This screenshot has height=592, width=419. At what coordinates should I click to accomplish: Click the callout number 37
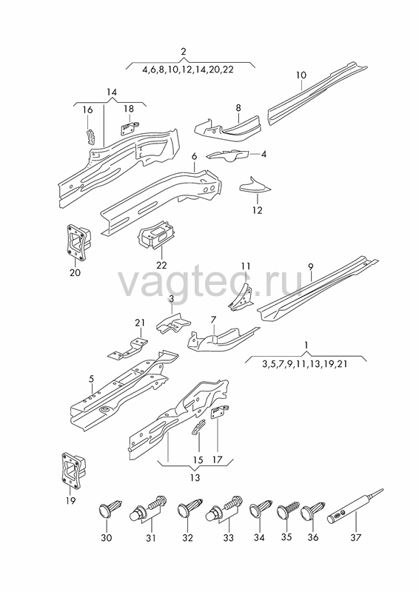[x=356, y=537]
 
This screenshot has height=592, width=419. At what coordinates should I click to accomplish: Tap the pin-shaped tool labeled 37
[x=355, y=507]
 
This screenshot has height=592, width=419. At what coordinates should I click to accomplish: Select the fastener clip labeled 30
[x=110, y=508]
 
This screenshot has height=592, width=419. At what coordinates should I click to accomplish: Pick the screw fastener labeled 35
[x=287, y=509]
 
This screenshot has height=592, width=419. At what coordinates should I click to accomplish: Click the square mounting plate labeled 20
[x=78, y=242]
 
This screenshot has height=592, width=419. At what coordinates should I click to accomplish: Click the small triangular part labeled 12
[x=254, y=186]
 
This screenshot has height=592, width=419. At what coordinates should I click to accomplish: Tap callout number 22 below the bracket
[x=161, y=266]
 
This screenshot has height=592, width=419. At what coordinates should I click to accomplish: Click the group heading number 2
[x=184, y=51]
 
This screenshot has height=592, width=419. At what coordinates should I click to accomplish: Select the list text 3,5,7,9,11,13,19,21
[x=304, y=364]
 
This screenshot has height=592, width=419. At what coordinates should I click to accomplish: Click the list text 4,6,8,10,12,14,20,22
[x=188, y=70]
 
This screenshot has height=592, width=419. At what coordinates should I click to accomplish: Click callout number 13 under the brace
[x=195, y=477]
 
